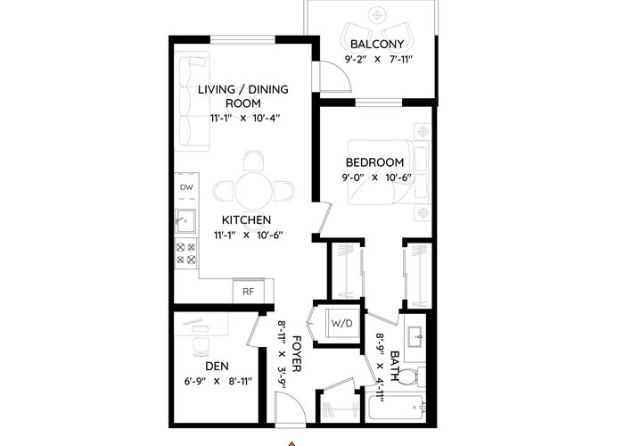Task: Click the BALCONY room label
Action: [377, 44]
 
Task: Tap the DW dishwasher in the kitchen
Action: [186, 186]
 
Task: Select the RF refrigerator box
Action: [249, 291]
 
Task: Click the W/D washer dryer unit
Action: [342, 323]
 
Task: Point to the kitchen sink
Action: [185, 221]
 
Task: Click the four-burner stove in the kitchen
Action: [186, 253]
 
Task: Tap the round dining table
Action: [253, 190]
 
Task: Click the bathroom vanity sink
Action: [415, 338]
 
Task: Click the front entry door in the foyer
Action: [291, 407]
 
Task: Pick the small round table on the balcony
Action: [376, 15]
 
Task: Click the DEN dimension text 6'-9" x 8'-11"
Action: [218, 382]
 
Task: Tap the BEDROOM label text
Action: [374, 162]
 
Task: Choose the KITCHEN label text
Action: [246, 219]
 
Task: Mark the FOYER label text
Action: [297, 353]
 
